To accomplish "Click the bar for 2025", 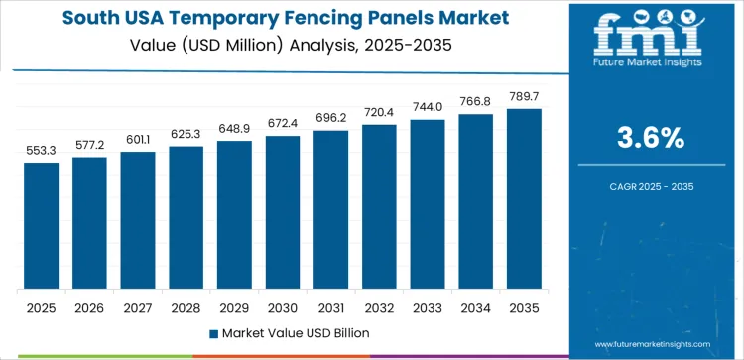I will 42,225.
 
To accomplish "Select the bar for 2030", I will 283,212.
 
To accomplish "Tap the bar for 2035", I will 524,198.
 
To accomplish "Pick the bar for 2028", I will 186,217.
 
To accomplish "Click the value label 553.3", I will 42,150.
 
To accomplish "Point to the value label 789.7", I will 524,96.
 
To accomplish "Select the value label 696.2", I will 331,118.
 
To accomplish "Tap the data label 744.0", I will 428,107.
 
